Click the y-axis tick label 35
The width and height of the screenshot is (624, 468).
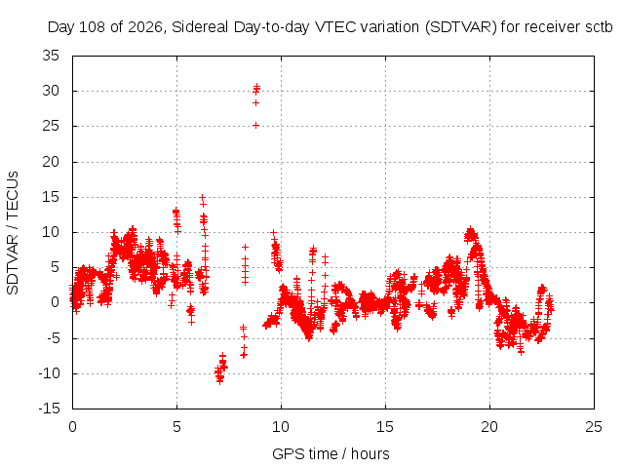(x=51, y=56)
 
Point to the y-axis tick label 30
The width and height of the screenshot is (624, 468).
(x=51, y=91)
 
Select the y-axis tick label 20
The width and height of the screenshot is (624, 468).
(x=51, y=162)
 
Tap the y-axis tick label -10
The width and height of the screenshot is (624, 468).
(x=49, y=373)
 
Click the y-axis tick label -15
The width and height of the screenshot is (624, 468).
(x=49, y=409)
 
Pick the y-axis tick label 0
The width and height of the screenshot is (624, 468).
(x=55, y=302)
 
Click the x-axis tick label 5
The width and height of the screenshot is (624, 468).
(x=176, y=427)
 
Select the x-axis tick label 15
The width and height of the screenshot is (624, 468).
(x=385, y=427)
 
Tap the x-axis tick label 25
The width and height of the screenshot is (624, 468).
(x=594, y=427)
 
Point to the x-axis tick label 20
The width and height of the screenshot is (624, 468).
(x=489, y=427)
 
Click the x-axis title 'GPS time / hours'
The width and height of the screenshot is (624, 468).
(x=331, y=454)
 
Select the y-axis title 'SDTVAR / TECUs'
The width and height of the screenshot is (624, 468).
(x=13, y=233)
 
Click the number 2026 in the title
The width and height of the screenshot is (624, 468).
(x=145, y=27)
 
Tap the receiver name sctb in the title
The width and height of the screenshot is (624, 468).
(x=599, y=27)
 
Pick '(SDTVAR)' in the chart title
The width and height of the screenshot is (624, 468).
(x=461, y=27)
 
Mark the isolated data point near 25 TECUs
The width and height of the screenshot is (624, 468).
(x=255, y=126)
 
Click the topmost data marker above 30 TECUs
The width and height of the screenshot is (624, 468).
(x=257, y=86)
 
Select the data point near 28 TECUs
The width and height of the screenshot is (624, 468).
(x=255, y=103)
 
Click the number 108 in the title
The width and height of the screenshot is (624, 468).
(x=93, y=27)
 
